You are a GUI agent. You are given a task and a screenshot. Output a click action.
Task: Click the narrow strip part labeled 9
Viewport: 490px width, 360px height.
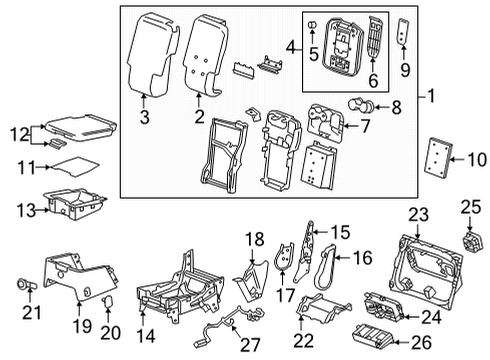click(x=403, y=32)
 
